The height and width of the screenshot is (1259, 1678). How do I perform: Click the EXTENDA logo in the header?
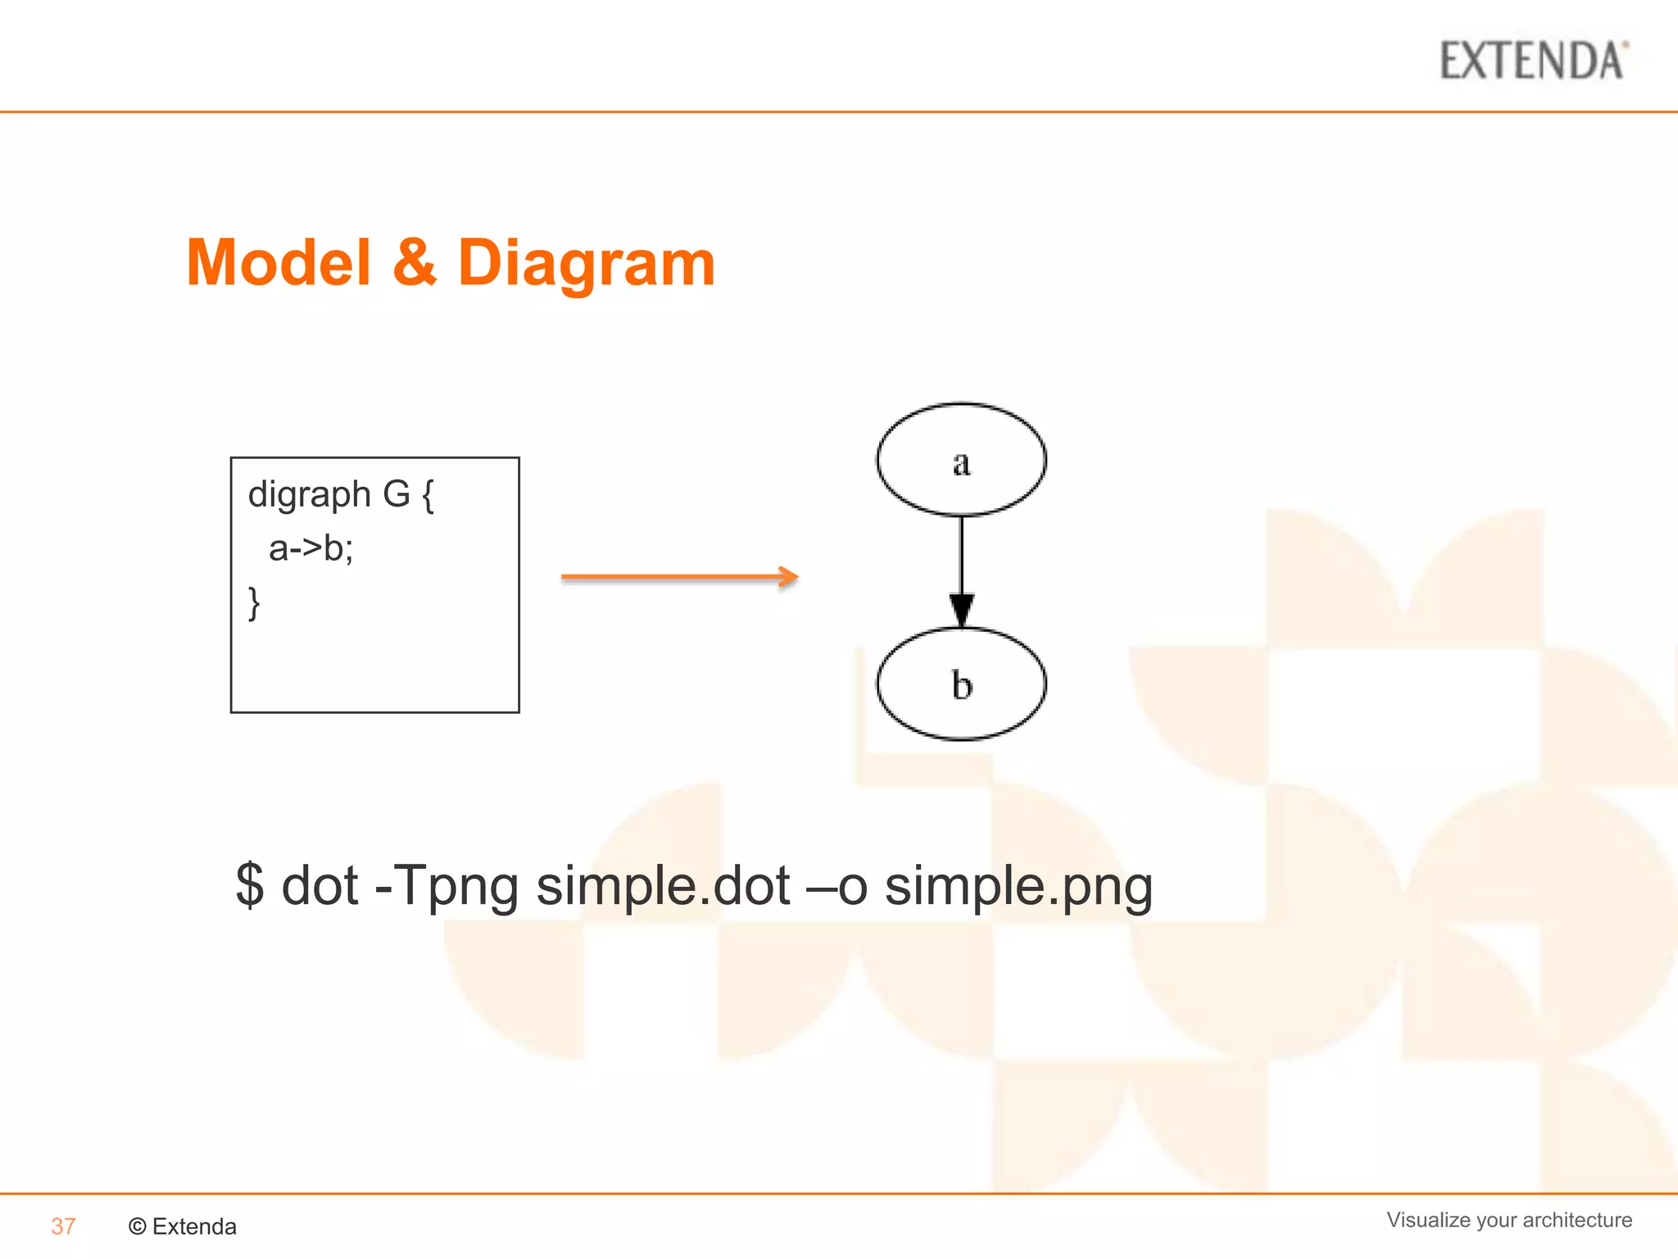tap(1533, 61)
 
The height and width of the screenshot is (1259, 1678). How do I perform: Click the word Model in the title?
tap(279, 263)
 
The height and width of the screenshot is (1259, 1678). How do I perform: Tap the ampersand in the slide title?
tap(415, 263)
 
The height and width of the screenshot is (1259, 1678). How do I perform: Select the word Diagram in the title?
tap(586, 263)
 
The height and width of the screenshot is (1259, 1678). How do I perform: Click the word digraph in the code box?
tap(310, 495)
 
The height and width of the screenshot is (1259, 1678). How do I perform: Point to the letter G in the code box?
tap(397, 494)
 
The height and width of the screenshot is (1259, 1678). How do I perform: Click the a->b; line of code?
tap(311, 548)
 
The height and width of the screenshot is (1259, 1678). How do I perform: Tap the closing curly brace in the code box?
tap(254, 603)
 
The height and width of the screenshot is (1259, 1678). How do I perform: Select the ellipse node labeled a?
tap(961, 460)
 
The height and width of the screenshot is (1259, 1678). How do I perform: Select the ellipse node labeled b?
tap(961, 684)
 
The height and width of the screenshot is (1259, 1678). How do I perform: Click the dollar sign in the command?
tap(250, 886)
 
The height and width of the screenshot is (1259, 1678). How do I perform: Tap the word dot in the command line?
tap(320, 886)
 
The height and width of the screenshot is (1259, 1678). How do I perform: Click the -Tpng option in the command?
tap(447, 886)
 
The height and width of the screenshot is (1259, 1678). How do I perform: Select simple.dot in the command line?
tap(663, 886)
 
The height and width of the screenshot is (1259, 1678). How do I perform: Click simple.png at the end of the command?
tap(1018, 886)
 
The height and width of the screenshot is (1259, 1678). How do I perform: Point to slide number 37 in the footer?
tap(63, 1226)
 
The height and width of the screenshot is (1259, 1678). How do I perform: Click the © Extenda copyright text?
tap(183, 1226)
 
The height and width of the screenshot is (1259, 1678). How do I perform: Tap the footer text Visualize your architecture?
tap(1509, 1220)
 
